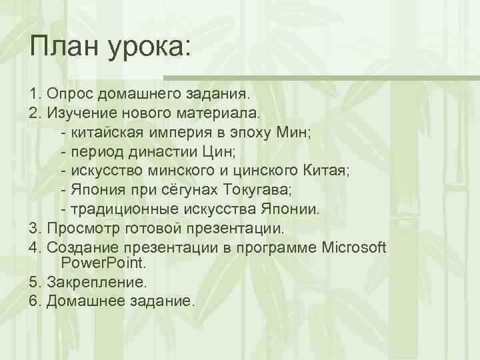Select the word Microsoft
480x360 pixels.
[353, 248]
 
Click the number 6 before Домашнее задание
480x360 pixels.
[33, 301]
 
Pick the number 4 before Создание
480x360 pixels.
[33, 248]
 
